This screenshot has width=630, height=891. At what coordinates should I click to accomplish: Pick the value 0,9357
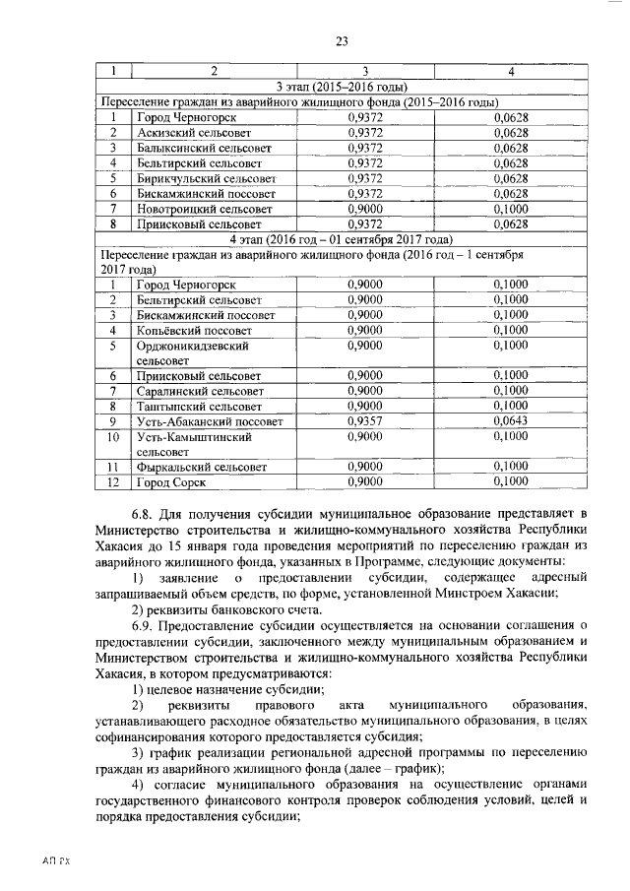366,421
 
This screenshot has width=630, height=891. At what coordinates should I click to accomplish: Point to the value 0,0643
510,421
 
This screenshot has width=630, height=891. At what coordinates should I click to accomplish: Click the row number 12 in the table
113,481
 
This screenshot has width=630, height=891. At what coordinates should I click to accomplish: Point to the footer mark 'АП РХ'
55,861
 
